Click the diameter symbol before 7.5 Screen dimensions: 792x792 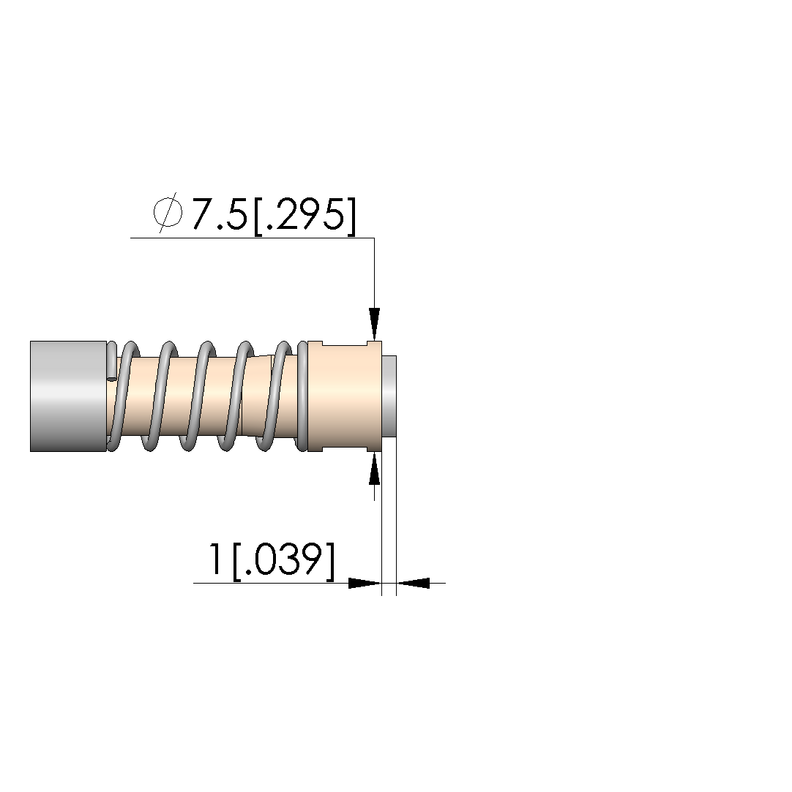point(168,213)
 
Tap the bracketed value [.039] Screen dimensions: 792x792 point(283,561)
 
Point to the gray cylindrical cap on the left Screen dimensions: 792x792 point(68,396)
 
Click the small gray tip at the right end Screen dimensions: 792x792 point(389,396)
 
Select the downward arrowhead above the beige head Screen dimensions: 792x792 point(374,324)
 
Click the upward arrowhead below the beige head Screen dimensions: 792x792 point(374,468)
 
